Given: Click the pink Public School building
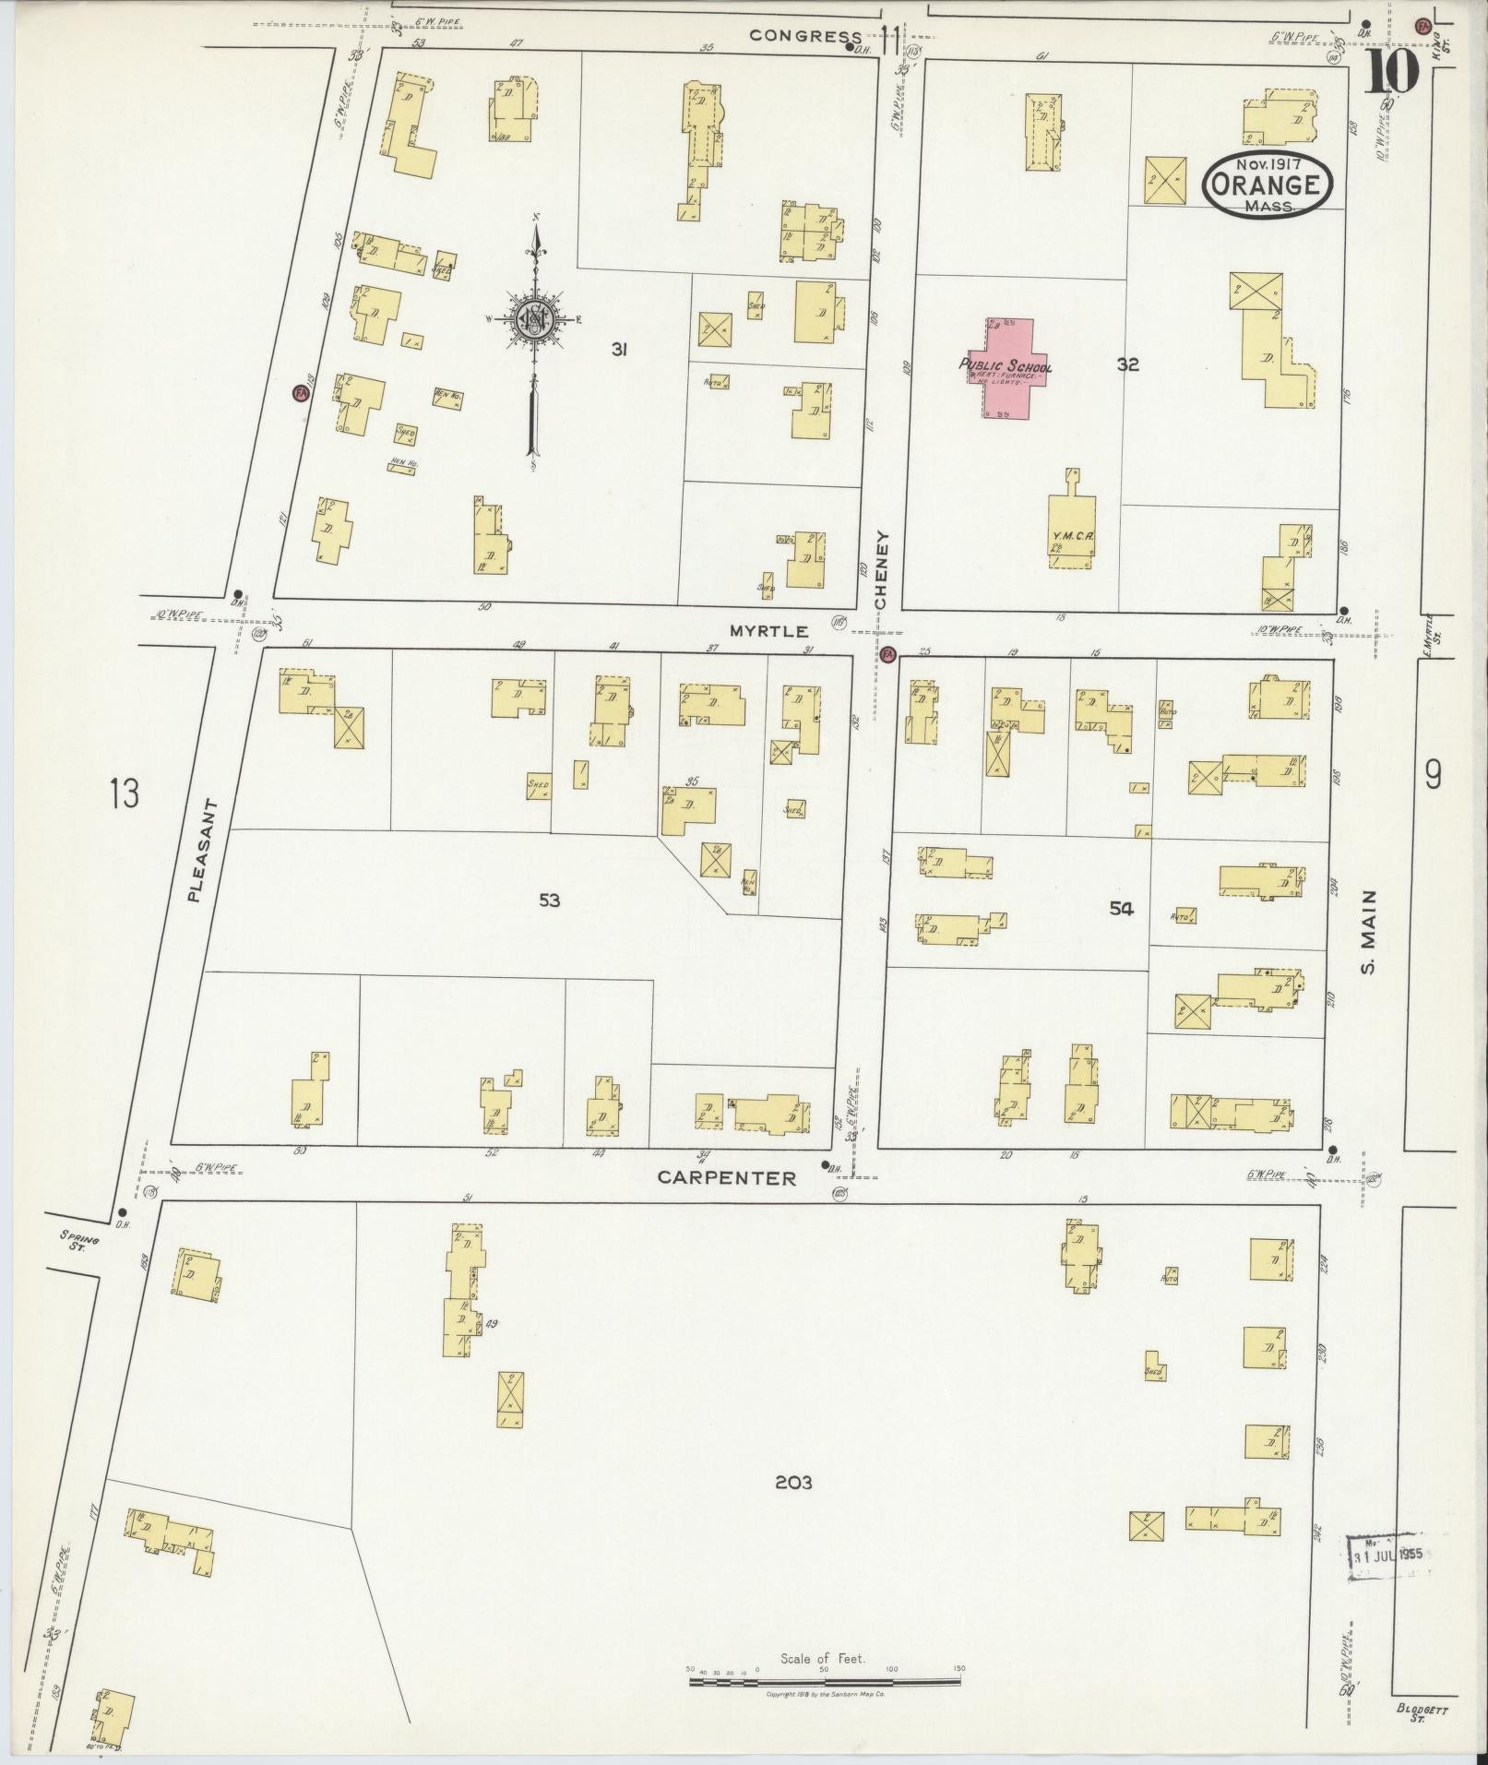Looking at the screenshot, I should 1007,369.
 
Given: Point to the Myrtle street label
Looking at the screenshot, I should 768,632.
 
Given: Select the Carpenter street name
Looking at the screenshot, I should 726,1177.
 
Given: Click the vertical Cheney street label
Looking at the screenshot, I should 881,569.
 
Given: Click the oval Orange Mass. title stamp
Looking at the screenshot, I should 1268,185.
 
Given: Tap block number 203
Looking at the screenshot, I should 792,1483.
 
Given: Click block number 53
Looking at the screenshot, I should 549,900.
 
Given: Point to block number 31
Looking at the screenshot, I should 619,349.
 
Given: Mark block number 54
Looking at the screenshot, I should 1121,909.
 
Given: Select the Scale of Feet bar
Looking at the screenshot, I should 825,1681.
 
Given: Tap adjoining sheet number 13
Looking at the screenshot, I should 124,793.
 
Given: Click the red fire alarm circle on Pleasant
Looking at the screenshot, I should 299,393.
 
